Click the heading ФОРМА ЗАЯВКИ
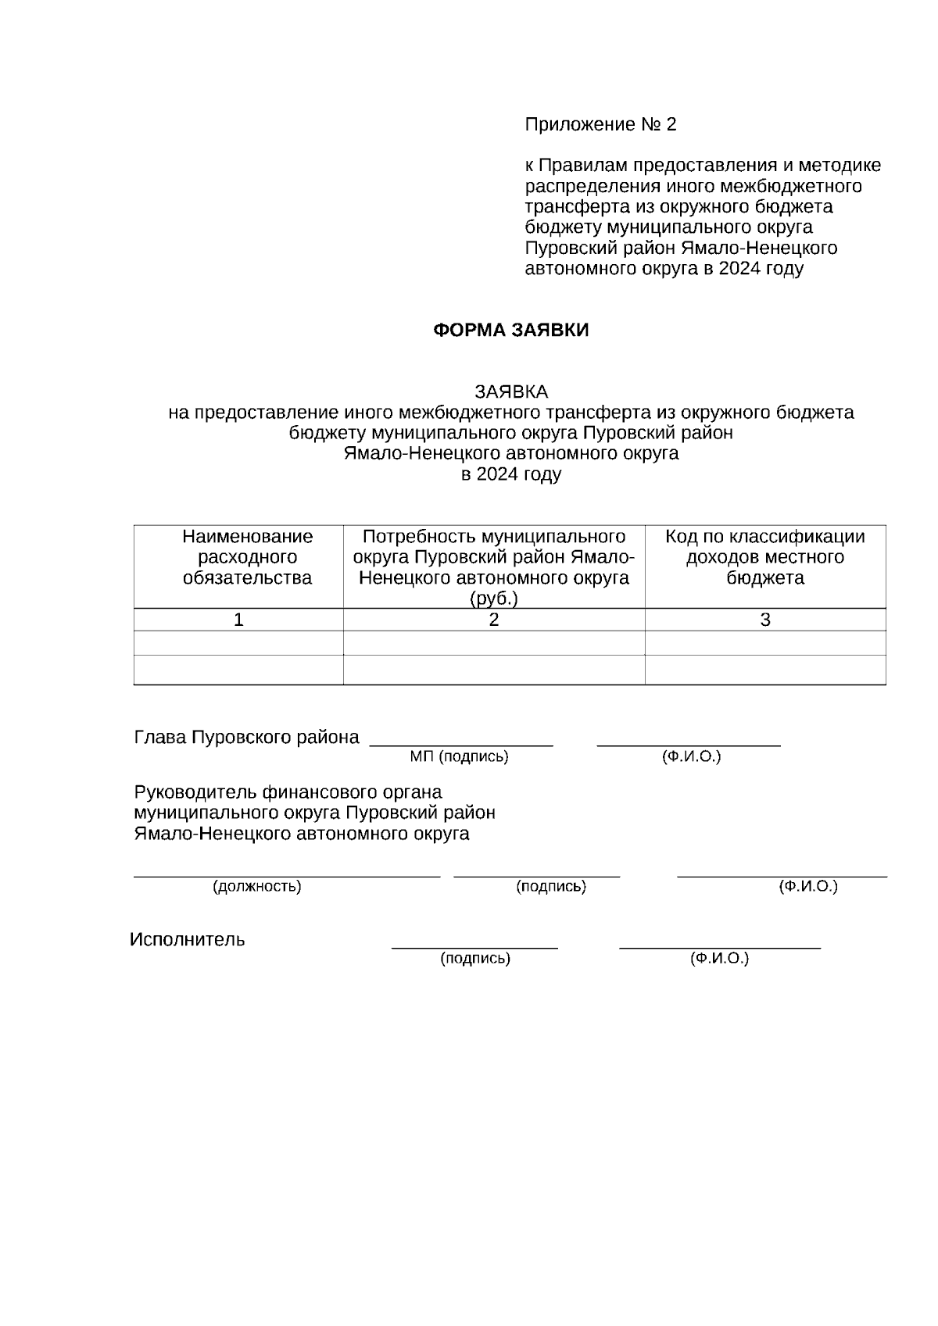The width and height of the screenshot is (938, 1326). [x=510, y=331]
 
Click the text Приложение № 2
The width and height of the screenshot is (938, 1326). [x=600, y=125]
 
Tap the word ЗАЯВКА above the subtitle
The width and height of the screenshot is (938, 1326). [x=511, y=391]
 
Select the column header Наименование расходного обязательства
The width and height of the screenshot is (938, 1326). [x=247, y=557]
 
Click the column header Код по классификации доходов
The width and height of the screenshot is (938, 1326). [x=764, y=557]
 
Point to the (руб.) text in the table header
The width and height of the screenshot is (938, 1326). [x=494, y=599]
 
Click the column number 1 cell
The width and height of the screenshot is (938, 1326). [x=238, y=620]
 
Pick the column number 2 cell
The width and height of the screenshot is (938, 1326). [x=494, y=620]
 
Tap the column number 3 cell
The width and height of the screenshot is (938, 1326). [x=765, y=620]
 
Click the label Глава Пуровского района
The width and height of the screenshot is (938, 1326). [x=247, y=738]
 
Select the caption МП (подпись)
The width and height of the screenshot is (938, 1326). [x=459, y=757]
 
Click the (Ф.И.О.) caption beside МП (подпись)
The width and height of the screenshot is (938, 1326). [x=691, y=757]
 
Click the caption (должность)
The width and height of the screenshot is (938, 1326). [x=257, y=887]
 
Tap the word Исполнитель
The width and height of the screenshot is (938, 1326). [x=188, y=940]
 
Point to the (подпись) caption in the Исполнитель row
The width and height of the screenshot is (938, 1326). [x=475, y=959]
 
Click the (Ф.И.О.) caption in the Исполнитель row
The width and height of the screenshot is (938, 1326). [x=719, y=959]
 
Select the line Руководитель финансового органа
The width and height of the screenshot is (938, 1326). [x=288, y=792]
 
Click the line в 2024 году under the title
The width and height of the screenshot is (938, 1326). [x=511, y=474]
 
